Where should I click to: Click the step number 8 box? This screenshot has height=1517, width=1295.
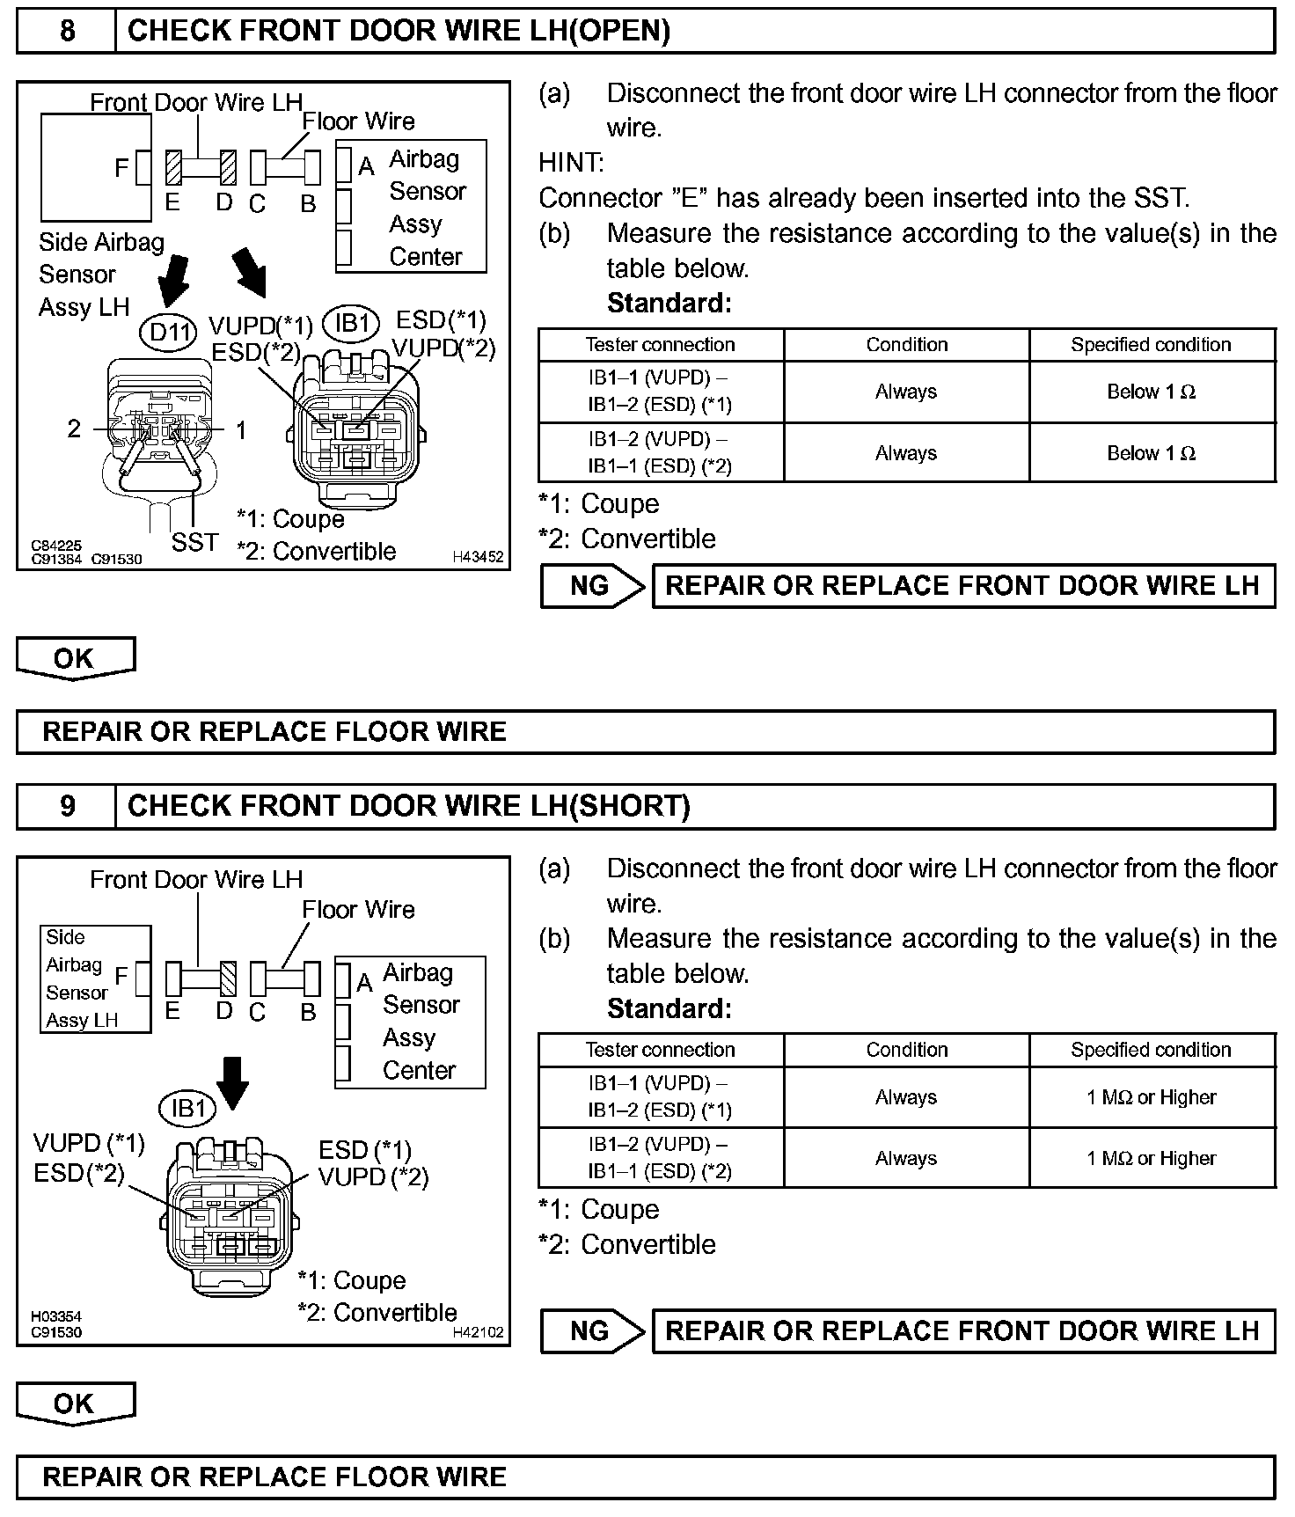(67, 32)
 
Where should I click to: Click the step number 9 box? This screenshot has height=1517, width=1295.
(67, 807)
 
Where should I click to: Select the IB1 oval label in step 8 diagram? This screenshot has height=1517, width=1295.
(351, 323)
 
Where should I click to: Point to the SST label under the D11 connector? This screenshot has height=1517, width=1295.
(194, 542)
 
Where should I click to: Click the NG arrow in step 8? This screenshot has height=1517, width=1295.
(593, 586)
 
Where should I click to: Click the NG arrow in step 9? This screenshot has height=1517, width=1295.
(593, 1330)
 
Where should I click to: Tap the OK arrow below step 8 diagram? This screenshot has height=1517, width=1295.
(75, 659)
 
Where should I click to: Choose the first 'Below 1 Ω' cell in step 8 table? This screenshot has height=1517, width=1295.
(1152, 392)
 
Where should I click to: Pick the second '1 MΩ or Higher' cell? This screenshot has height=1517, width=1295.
(1152, 1159)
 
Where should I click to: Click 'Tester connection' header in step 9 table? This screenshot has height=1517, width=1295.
(660, 1050)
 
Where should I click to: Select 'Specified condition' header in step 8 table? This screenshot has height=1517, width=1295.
(1151, 345)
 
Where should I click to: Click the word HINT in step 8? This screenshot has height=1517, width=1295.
(571, 163)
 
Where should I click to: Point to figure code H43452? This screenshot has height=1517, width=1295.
(478, 557)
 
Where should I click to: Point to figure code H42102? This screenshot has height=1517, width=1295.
(478, 1332)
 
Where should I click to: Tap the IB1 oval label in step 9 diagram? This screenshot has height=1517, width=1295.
(187, 1109)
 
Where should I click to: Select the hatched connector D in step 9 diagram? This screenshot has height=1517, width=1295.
(229, 978)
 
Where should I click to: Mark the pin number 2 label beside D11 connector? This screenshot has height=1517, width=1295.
(74, 429)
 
